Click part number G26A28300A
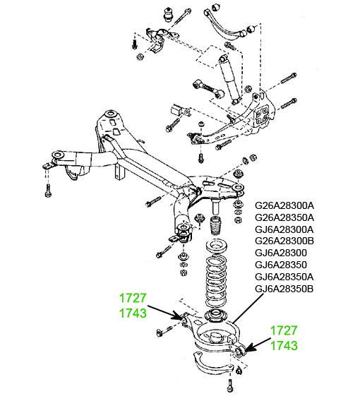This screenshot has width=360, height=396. (284, 205)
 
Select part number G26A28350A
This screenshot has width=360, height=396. (284, 217)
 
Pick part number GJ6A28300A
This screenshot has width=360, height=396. (284, 229)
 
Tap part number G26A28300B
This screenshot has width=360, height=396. (284, 241)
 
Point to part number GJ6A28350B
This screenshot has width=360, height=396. (284, 289)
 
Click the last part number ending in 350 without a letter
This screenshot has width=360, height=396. (281, 265)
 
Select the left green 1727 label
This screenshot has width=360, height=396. (133, 299)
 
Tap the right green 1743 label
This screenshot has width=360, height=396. (284, 346)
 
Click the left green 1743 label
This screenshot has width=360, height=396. (133, 313)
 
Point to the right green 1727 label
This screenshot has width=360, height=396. (284, 331)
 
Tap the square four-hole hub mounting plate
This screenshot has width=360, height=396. (261, 116)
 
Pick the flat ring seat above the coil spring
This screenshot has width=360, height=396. (217, 246)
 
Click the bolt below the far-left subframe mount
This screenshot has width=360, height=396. (48, 191)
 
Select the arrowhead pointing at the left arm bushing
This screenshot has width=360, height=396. (178, 316)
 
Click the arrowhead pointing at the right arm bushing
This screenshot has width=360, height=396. (250, 348)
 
